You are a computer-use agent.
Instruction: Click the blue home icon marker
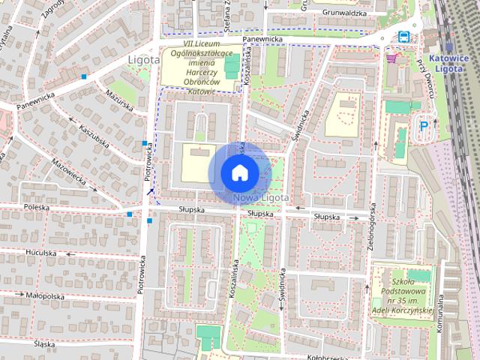click(238, 172)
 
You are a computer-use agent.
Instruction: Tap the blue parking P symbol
click(424, 127)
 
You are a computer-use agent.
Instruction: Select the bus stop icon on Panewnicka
click(403, 36)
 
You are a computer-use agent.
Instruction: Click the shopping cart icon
click(390, 58)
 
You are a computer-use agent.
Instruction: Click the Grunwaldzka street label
click(344, 13)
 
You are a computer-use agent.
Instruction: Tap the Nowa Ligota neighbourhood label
click(260, 197)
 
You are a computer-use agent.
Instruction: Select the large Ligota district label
click(143, 58)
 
